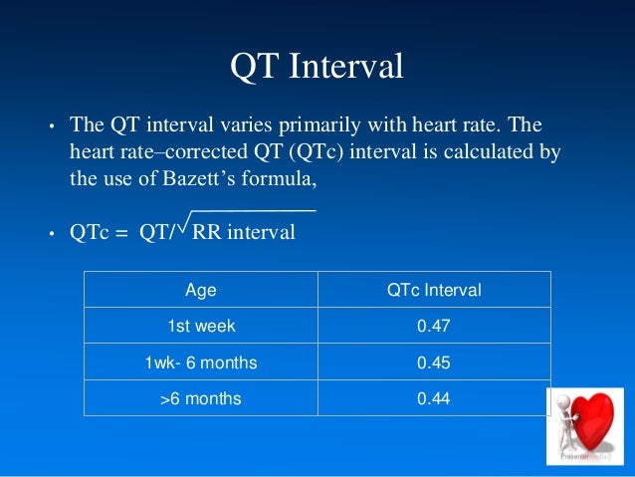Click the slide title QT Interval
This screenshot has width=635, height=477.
pos(317,67)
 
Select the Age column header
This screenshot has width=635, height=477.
pos(201,291)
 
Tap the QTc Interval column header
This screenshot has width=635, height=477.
pos(433,291)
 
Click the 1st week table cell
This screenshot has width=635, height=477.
pos(201,327)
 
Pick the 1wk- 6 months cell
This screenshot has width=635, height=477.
pos(201,363)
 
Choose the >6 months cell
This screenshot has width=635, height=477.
pos(201,398)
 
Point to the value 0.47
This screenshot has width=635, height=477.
pos(433,327)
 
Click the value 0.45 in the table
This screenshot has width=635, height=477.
pos(433,363)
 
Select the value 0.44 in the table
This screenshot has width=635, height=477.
pos(433,398)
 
